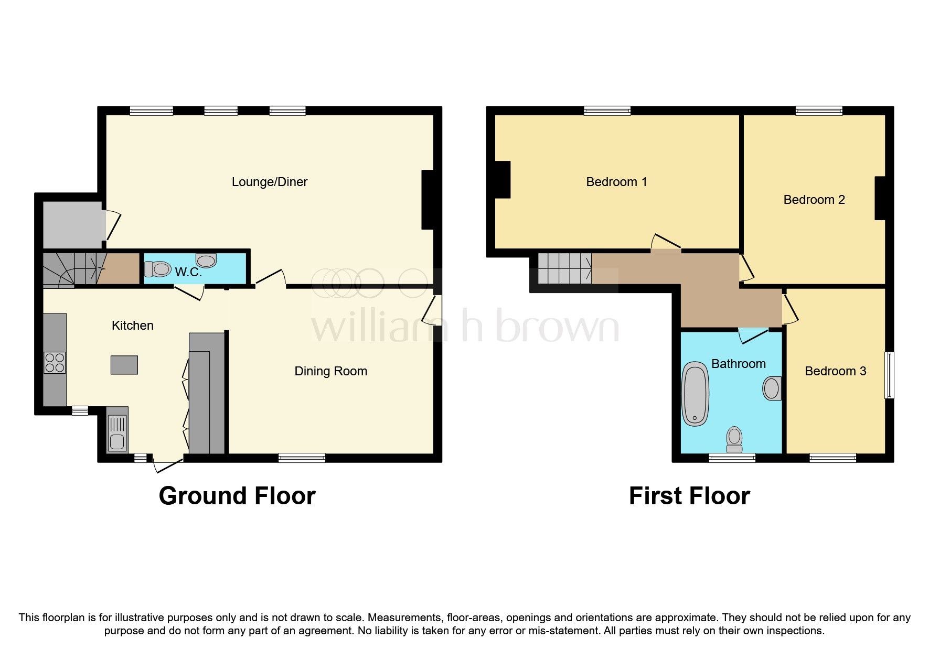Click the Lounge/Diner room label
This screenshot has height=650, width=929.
pos(269,182)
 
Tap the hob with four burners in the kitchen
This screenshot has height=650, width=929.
pos(55,362)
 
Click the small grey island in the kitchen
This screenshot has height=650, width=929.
pos(124,364)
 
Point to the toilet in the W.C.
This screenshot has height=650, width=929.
pos(158,269)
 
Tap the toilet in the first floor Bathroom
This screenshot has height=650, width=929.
pos(734,439)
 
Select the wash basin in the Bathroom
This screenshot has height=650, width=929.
pos(771,388)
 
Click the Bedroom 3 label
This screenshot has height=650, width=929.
pos(835,371)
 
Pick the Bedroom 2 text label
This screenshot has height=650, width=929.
pos(814,200)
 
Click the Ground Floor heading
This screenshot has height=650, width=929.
pos(237,496)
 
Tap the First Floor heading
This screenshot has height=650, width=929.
pos(689,496)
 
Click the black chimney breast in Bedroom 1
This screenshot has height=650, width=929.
pos(503,179)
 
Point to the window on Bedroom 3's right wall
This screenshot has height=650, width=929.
pos(889,375)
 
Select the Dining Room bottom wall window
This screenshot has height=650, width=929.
pos(302,458)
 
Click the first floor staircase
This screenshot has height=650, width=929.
pos(564,268)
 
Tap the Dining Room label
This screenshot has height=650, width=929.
pos(330,371)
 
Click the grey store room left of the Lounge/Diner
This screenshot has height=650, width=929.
pos(72,224)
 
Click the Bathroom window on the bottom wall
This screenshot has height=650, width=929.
pos(732,458)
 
